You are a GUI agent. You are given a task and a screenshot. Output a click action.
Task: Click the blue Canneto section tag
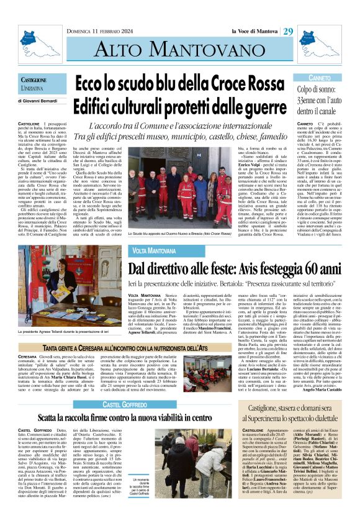[x=320, y=78]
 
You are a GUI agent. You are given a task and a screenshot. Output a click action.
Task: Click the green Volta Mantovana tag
[x=153, y=250]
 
